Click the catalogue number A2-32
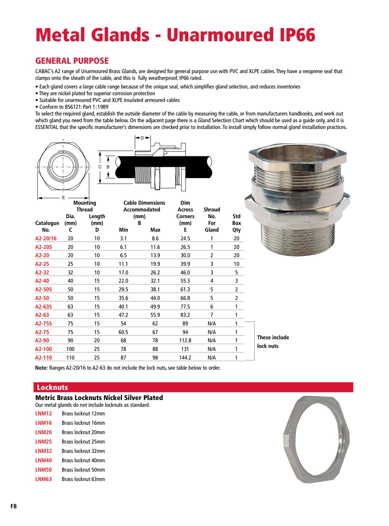pyautogui.click(x=42, y=273)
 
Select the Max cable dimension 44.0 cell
pyautogui.click(x=155, y=298)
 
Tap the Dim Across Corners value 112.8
pyautogui.click(x=185, y=340)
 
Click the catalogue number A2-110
pyautogui.click(x=43, y=358)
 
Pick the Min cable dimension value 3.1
pyautogui.click(x=123, y=238)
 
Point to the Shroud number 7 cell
pyautogui.click(x=212, y=315)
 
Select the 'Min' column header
pyautogui.click(x=123, y=230)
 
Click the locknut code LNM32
pyautogui.click(x=43, y=451)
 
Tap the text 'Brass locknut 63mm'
pyautogui.click(x=83, y=479)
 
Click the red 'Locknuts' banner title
pyautogui.click(x=52, y=388)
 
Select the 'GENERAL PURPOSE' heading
pyautogui.click(x=72, y=61)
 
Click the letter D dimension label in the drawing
pyautogui.click(x=142, y=138)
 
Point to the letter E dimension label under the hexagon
pyautogui.click(x=63, y=198)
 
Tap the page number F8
pyautogui.click(x=13, y=506)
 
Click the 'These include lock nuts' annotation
pyautogui.click(x=273, y=342)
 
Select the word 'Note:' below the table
pyautogui.click(x=41, y=368)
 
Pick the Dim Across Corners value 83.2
pyautogui.click(x=185, y=315)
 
